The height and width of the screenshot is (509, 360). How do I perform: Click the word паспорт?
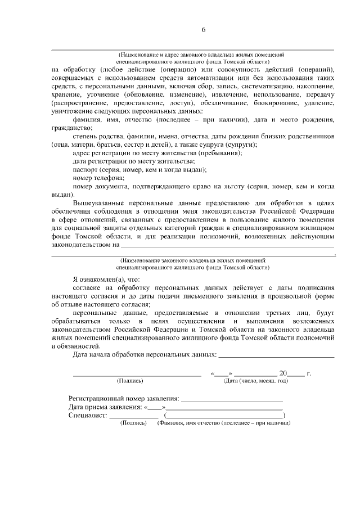click(85, 169)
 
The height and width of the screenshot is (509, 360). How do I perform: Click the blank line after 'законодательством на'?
click(227, 245)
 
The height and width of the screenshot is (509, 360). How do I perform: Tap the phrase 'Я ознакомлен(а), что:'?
click(107, 280)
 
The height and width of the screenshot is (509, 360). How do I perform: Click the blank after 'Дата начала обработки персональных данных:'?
click(276, 355)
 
